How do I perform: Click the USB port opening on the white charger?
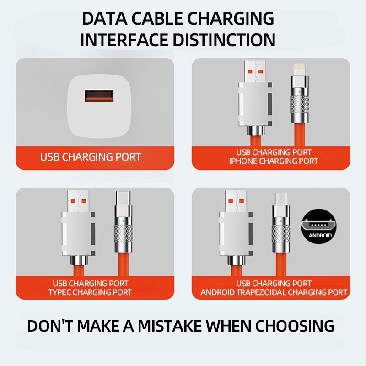99,96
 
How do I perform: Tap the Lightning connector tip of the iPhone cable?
300,70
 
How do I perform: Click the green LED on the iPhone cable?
299,92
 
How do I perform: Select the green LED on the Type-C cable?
123,221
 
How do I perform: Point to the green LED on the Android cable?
281,221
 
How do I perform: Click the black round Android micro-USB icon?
319,226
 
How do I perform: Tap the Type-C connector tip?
124,198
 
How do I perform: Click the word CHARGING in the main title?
231,19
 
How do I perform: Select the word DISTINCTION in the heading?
224,40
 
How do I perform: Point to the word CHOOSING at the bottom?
295,326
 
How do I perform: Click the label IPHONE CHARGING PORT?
274,161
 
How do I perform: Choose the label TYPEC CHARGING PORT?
90,292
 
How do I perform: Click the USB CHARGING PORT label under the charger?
90,157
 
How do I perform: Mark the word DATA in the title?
105,19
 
